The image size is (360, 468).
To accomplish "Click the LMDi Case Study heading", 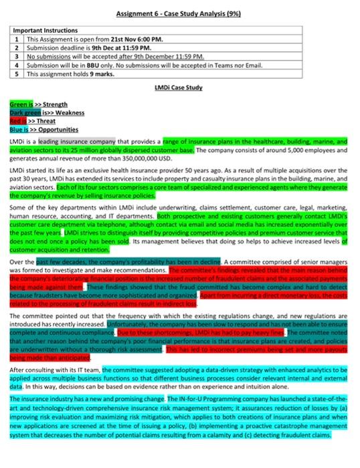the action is [x=178, y=88].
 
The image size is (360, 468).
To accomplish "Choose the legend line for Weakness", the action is [x=47, y=113].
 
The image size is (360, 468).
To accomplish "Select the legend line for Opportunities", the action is [x=43, y=129].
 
